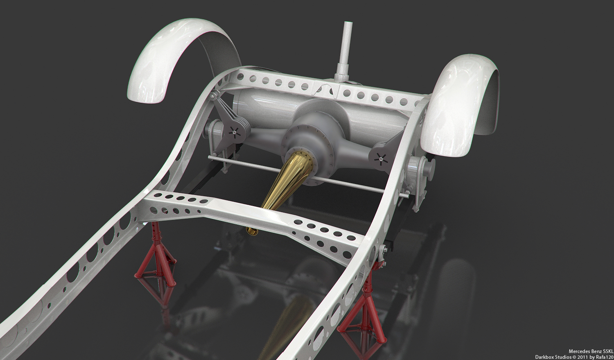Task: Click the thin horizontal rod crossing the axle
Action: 308,175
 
